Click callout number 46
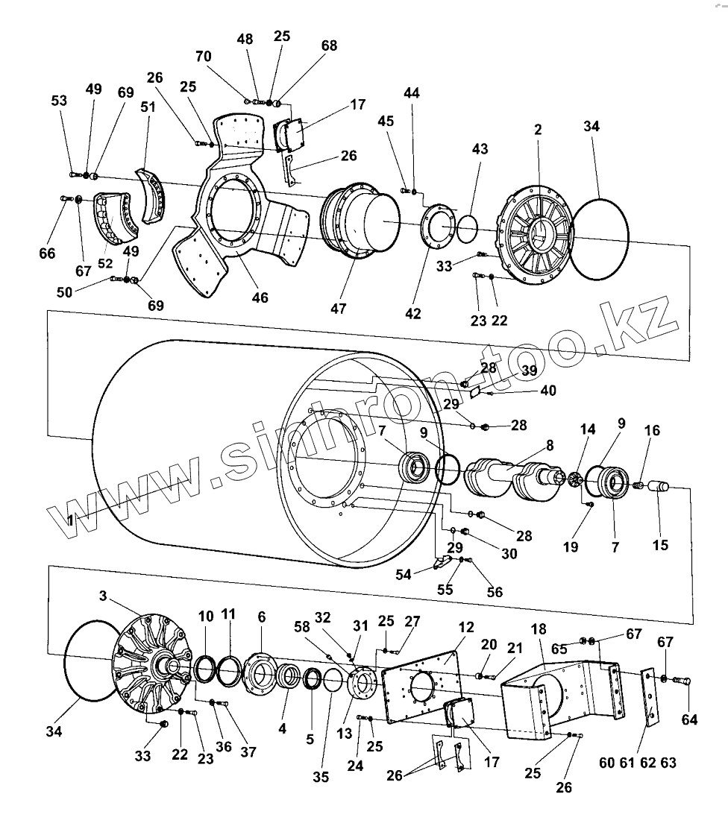pyautogui.click(x=260, y=298)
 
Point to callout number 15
pyautogui.click(x=660, y=545)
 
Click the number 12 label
pyautogui.click(x=466, y=628)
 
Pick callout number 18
pyautogui.click(x=539, y=628)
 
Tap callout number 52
pyautogui.click(x=105, y=263)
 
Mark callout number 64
pyautogui.click(x=689, y=720)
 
